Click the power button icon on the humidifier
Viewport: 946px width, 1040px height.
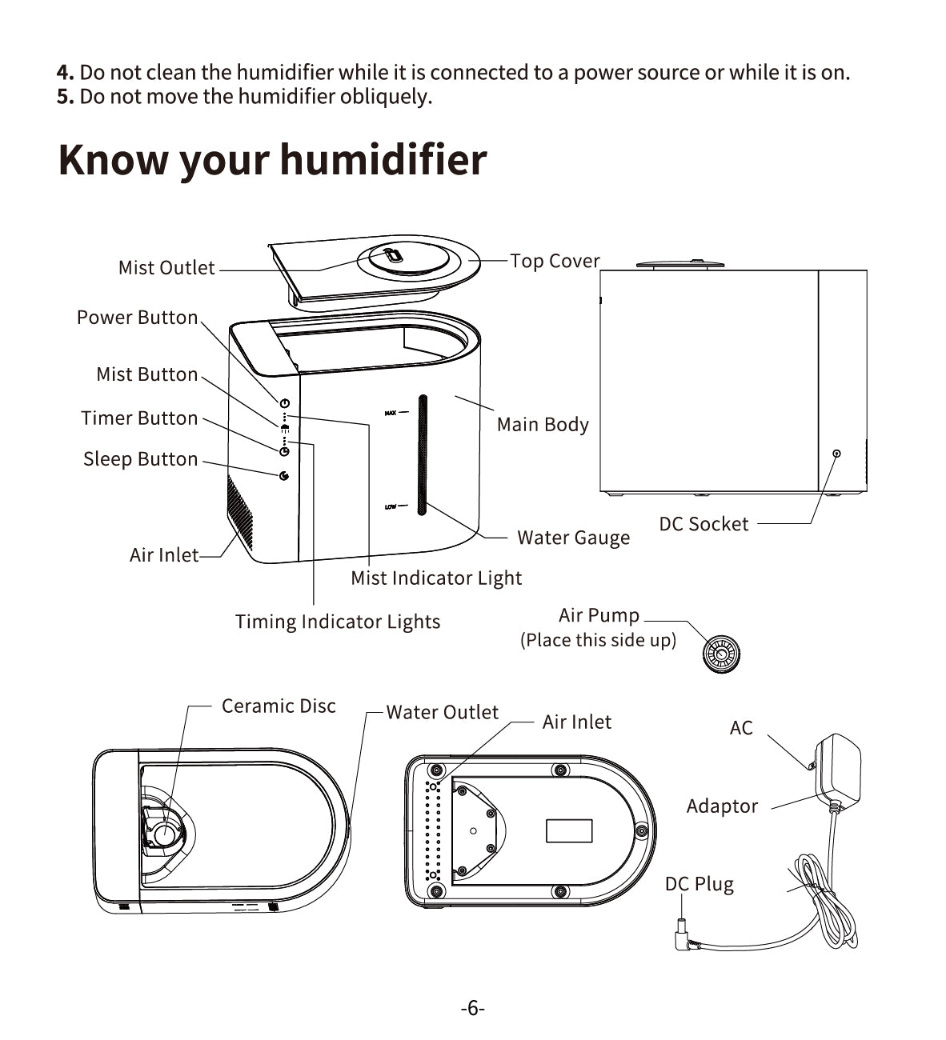284,403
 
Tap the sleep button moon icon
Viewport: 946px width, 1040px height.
283,476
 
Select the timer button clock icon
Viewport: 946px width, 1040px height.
284,451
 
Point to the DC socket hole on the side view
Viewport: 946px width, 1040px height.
836,453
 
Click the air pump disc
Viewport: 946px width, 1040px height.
721,654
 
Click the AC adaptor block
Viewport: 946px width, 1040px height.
837,771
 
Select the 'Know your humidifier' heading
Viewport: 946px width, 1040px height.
273,160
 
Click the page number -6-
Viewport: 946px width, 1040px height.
472,1008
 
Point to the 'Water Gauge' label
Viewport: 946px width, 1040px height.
573,538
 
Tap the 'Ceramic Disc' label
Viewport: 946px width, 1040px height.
279,706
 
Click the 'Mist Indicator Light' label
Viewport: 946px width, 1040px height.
436,578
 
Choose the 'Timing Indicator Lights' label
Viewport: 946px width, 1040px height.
338,622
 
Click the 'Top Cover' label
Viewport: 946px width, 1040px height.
555,261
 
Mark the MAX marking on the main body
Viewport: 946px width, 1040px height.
391,413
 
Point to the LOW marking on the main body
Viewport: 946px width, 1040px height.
391,506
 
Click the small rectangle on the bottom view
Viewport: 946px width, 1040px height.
569,830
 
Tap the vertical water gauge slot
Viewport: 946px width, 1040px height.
422,454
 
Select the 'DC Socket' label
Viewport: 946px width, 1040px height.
703,524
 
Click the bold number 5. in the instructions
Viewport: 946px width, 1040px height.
66,97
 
